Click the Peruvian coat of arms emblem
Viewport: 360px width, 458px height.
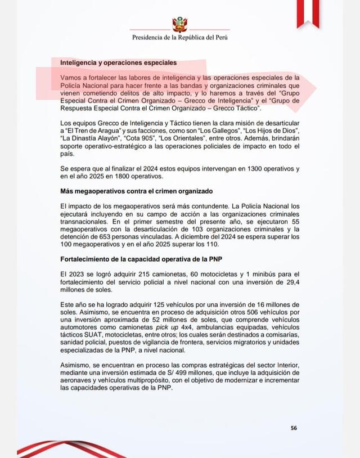click(179, 24)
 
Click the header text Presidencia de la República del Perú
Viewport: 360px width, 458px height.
click(179, 38)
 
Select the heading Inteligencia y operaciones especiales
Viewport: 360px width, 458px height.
click(118, 62)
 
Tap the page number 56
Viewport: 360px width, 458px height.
click(294, 428)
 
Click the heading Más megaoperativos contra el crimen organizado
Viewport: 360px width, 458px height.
click(132, 192)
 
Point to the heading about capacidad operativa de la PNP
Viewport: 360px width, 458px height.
click(145, 258)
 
